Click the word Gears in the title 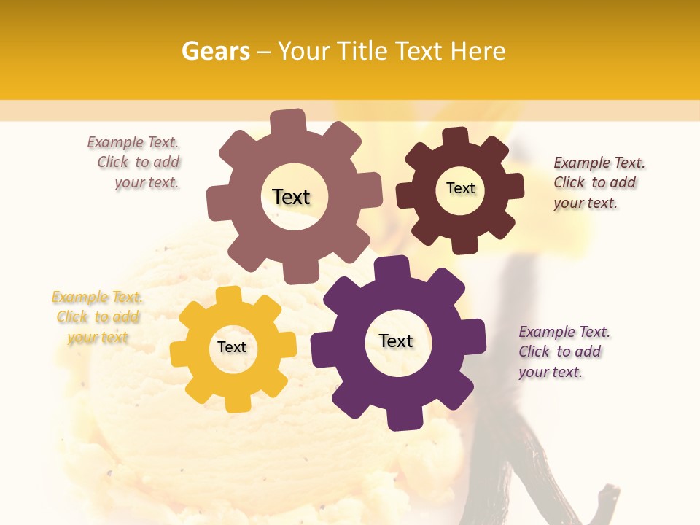tap(216, 51)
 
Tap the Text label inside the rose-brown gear tap(291, 197)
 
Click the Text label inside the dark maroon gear tap(460, 188)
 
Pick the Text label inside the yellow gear tap(232, 347)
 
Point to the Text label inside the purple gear tap(396, 341)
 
